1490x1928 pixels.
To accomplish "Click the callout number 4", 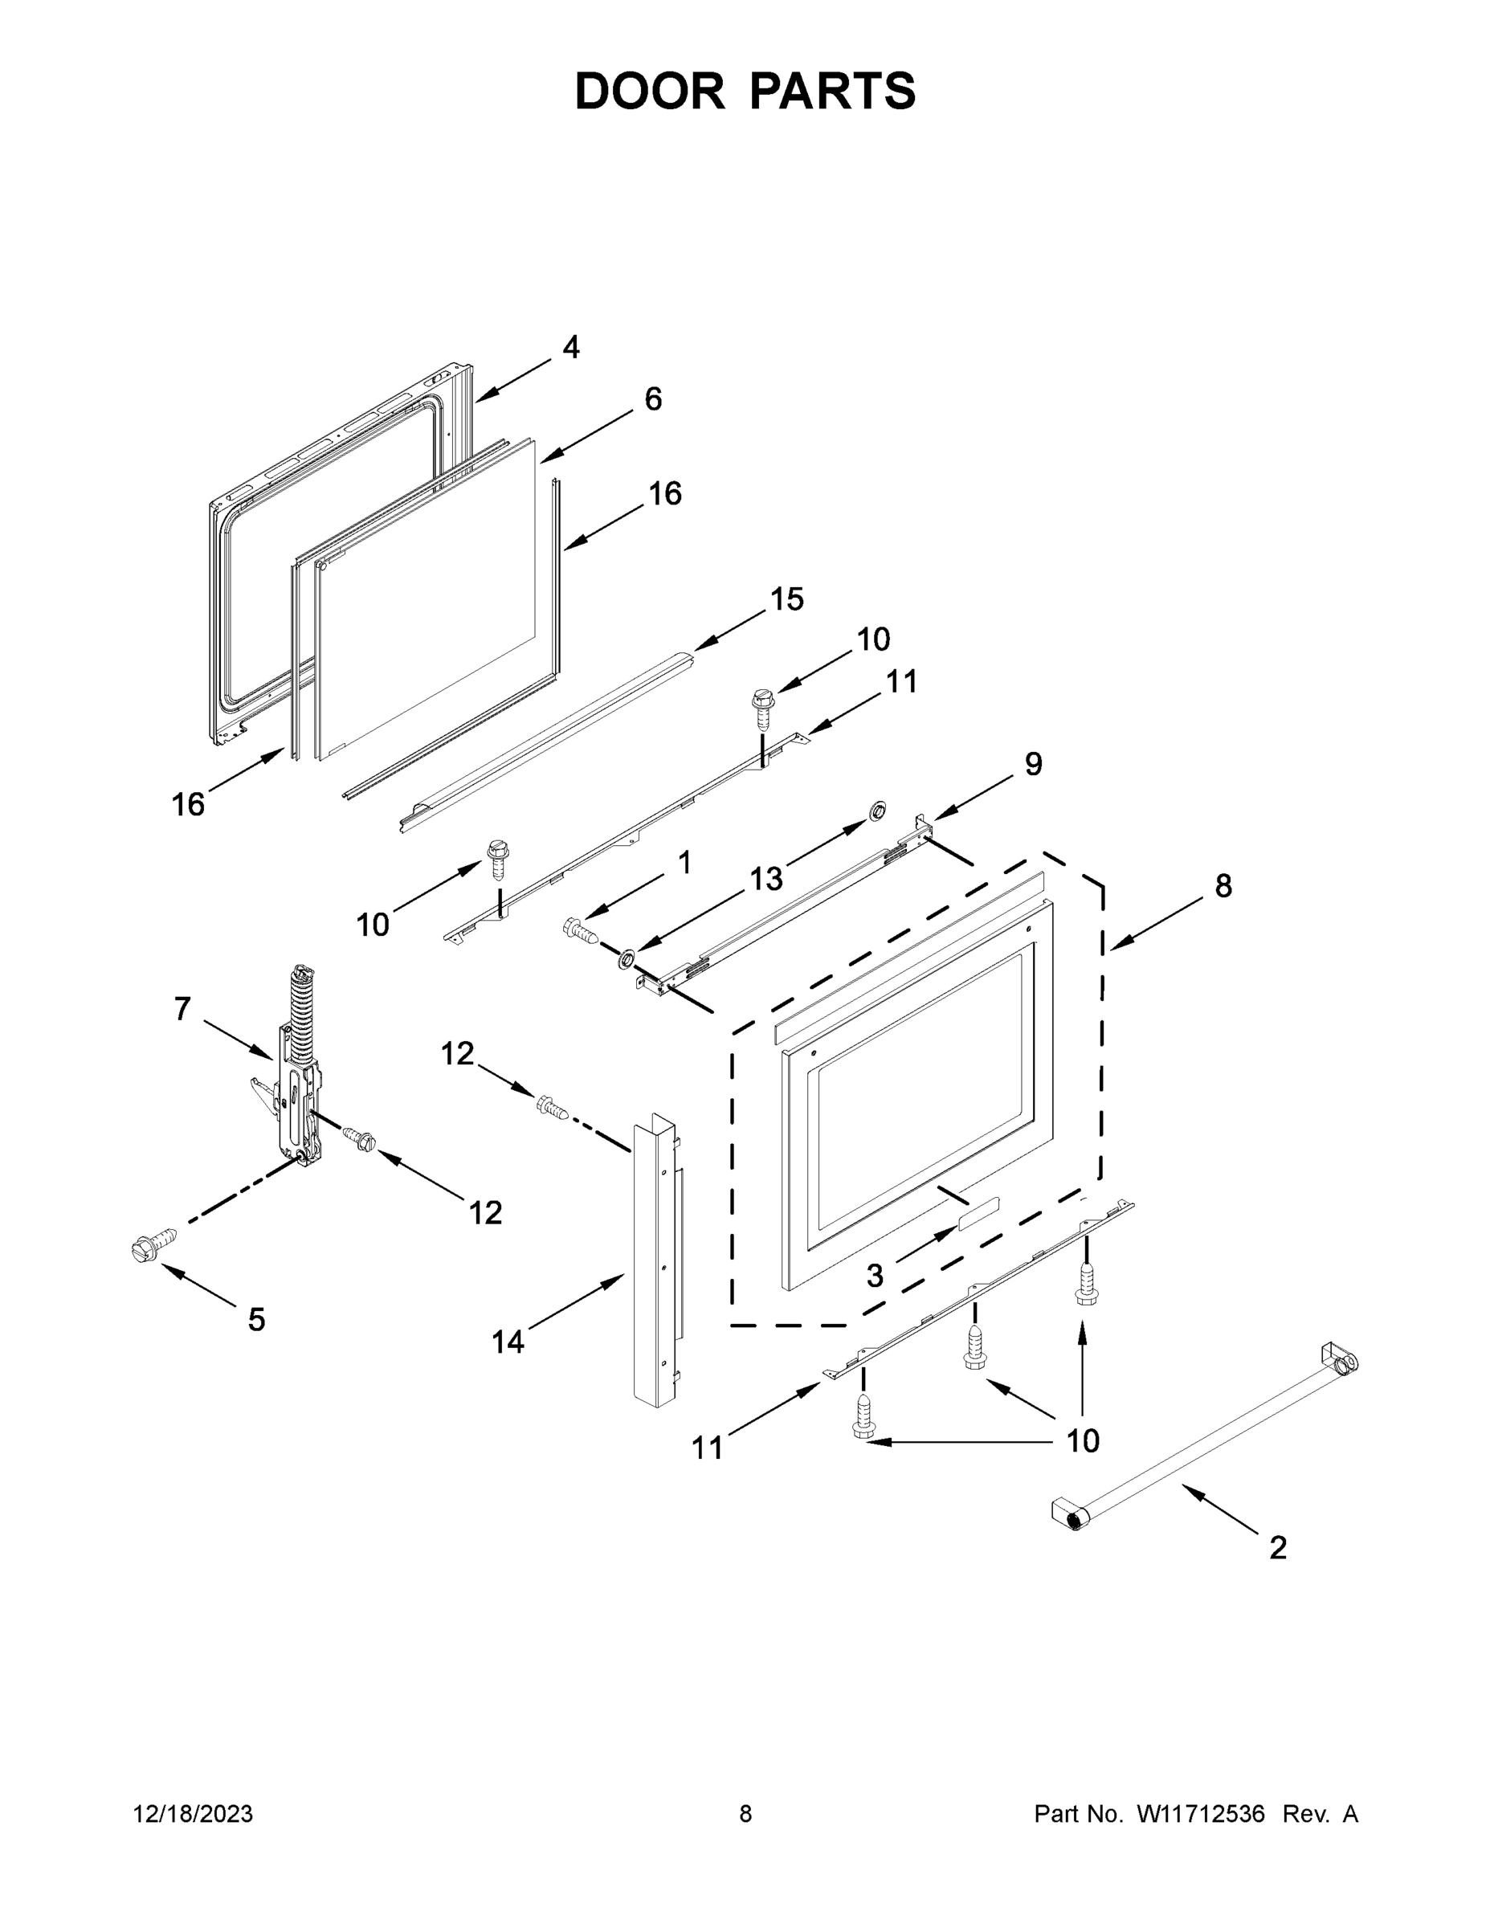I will click(571, 347).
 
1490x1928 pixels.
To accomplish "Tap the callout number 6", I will click(652, 399).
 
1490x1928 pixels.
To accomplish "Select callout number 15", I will click(786, 598).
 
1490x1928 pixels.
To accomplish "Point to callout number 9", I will click(1033, 764).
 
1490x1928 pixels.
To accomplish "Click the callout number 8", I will click(1223, 885).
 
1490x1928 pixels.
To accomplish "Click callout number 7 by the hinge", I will click(182, 1008).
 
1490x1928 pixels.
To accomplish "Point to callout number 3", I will click(874, 1275).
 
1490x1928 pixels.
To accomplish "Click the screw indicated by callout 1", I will click(580, 929).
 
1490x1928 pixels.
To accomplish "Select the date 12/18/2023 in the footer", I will click(193, 1814).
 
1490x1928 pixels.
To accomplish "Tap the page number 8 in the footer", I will click(745, 1814).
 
